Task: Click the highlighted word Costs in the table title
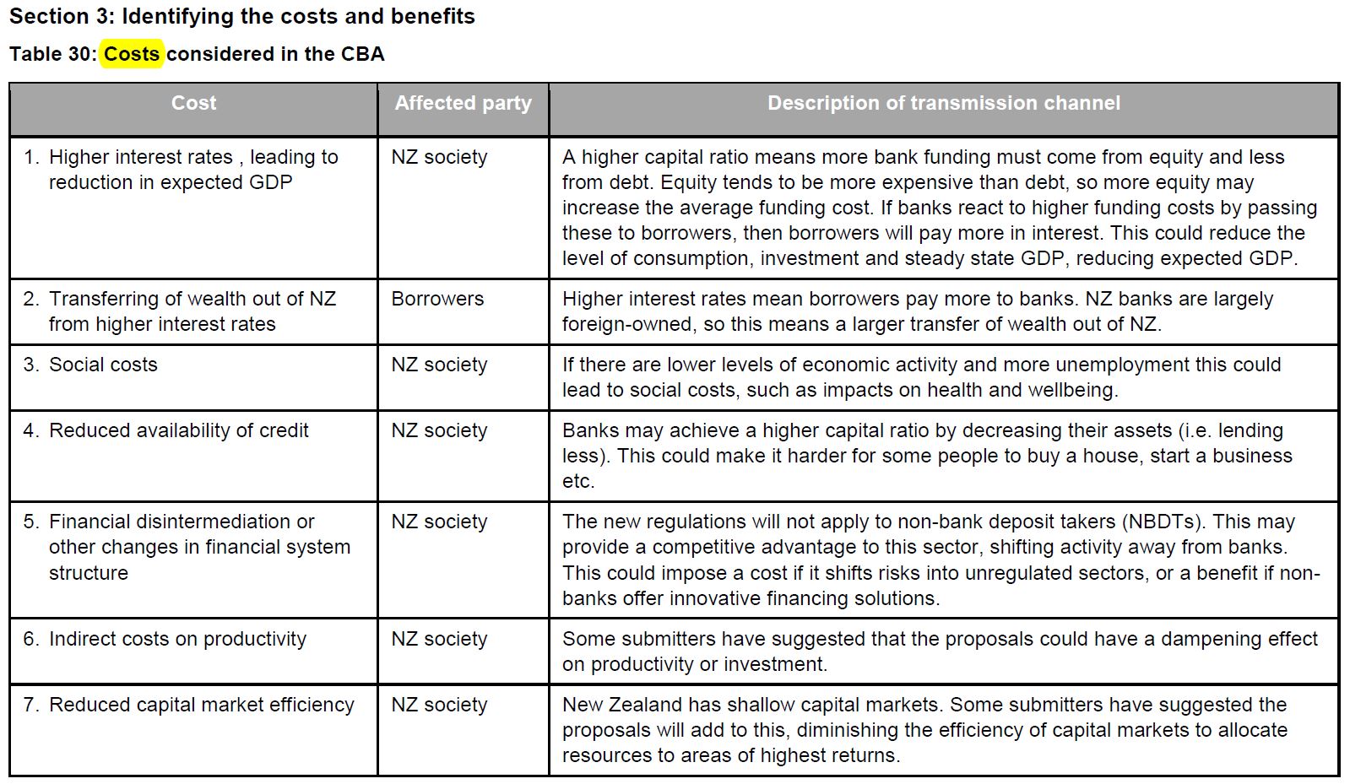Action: click(x=132, y=54)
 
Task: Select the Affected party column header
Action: click(x=463, y=103)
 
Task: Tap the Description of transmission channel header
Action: click(x=943, y=103)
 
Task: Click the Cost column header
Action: click(x=193, y=103)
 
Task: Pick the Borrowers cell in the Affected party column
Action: click(x=437, y=299)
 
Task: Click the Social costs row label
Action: click(x=103, y=365)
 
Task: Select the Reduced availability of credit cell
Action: click(x=179, y=430)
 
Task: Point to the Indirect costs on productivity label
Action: click(x=177, y=639)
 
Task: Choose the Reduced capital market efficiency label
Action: click(x=201, y=705)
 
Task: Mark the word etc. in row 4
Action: click(x=578, y=481)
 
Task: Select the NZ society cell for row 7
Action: click(x=439, y=705)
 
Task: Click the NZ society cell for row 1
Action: click(x=439, y=157)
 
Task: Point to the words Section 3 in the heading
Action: click(x=62, y=16)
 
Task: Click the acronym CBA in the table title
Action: click(x=362, y=54)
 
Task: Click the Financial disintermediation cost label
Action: click(x=182, y=522)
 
